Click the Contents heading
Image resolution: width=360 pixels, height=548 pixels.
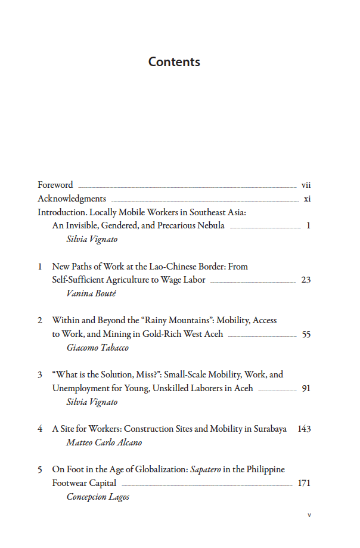[x=174, y=62]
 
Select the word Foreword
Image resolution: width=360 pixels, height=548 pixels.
[x=55, y=185]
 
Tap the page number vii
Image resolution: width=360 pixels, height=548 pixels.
[x=306, y=185]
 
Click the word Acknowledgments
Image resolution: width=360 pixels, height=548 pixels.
[x=72, y=199]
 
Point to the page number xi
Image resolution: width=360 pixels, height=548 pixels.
[x=307, y=199]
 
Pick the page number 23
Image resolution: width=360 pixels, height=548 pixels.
[x=306, y=280]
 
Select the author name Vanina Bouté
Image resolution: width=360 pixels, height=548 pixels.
[x=92, y=293]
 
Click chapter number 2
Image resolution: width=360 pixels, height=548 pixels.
[x=40, y=320]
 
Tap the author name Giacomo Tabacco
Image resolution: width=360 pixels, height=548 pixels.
[x=98, y=348]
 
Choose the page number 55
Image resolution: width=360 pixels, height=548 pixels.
[x=306, y=335]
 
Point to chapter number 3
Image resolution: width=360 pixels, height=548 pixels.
[x=40, y=374]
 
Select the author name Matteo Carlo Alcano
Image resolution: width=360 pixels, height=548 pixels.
[x=104, y=442]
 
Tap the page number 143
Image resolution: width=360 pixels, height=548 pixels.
[x=304, y=429]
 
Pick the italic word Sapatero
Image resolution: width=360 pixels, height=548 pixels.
[x=206, y=469]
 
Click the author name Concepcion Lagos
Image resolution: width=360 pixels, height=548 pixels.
[x=98, y=497]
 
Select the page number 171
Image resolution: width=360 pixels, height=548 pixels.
[x=304, y=483]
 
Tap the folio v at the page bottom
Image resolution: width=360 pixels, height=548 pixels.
[x=309, y=515]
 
